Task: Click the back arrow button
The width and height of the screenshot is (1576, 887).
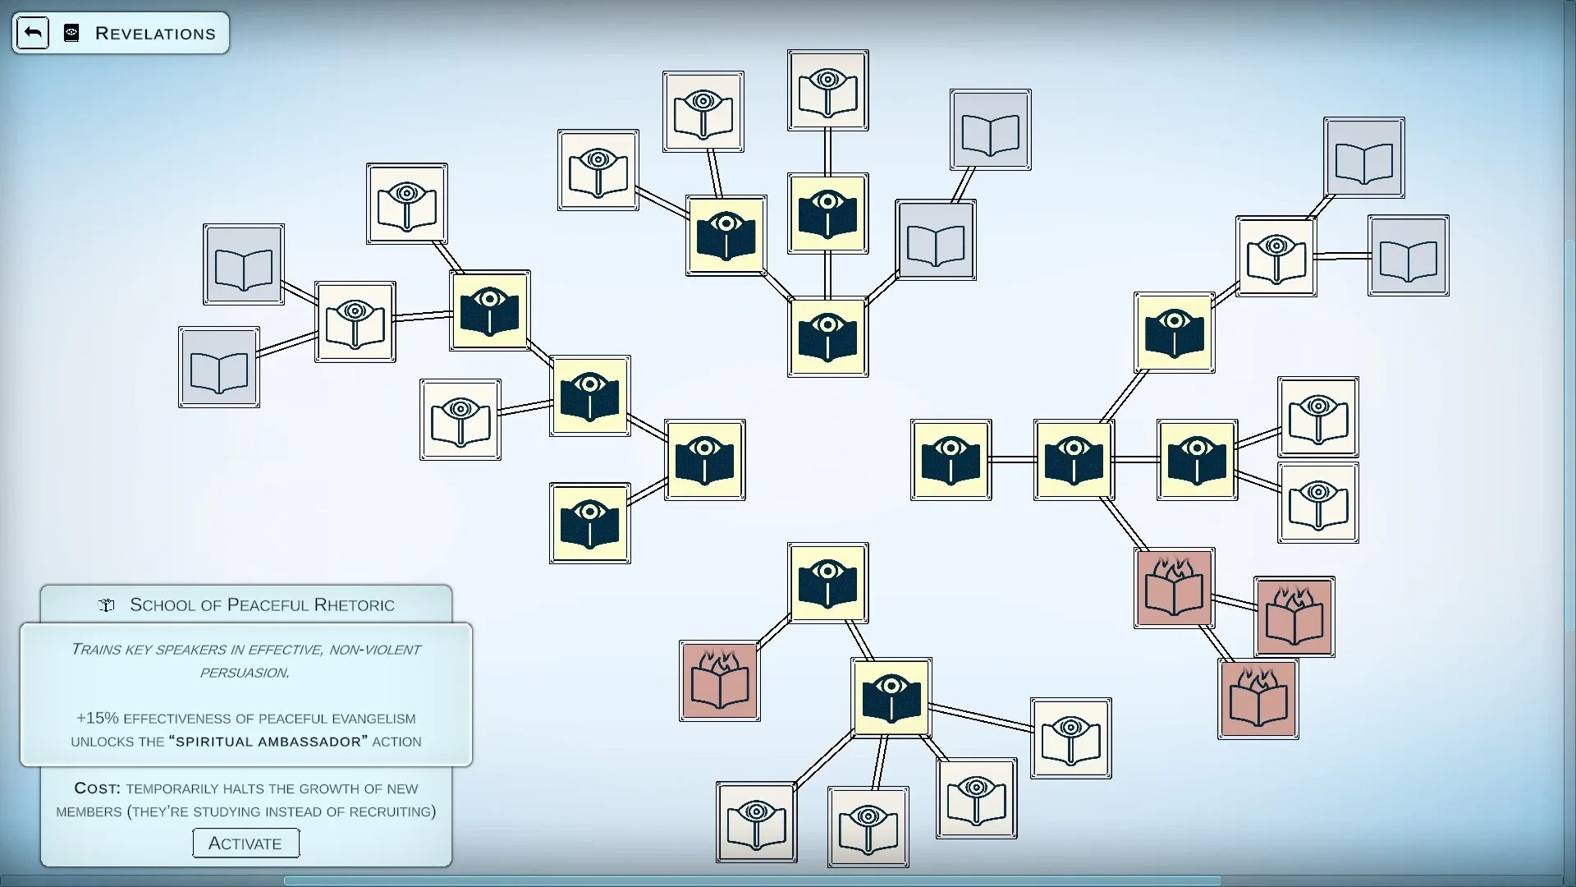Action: [33, 33]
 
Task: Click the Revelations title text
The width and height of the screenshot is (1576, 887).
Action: [155, 34]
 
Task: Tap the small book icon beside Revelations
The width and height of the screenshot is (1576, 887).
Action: [71, 33]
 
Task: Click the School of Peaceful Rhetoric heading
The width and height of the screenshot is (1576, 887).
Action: [262, 605]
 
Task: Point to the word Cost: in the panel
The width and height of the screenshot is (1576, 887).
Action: [97, 788]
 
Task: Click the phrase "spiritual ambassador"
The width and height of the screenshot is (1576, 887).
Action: [268, 742]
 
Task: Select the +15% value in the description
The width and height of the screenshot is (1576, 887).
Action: [97, 718]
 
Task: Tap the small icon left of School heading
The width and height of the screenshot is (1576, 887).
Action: [106, 605]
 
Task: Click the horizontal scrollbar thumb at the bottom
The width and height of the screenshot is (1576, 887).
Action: [752, 881]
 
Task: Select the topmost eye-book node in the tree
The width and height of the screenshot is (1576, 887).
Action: [827, 90]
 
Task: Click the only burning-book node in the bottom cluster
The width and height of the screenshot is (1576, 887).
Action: [719, 681]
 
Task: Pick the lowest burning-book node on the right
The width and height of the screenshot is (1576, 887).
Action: [1258, 699]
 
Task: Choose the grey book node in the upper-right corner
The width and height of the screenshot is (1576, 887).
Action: [1363, 158]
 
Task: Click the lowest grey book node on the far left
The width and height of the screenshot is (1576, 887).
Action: [219, 367]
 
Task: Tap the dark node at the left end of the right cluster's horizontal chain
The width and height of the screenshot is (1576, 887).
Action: [951, 460]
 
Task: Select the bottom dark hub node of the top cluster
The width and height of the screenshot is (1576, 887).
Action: [827, 337]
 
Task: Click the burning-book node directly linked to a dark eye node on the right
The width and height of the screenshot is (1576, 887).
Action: [1174, 588]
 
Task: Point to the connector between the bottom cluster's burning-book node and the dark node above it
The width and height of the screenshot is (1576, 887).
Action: [773, 632]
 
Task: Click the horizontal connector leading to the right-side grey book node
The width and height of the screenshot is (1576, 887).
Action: [1342, 256]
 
